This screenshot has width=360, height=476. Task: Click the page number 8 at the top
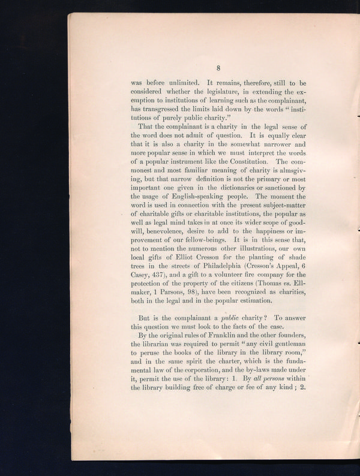coord(219,68)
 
